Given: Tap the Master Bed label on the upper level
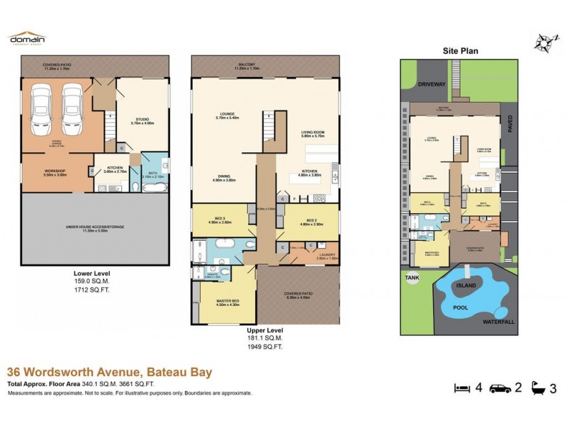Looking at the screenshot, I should (225, 302).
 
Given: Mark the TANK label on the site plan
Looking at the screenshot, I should (412, 278).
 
